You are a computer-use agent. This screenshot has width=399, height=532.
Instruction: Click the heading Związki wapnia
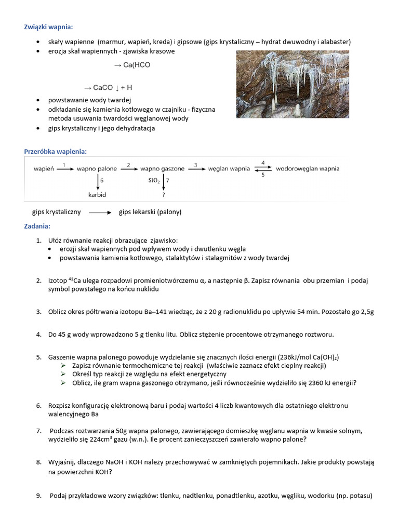49,27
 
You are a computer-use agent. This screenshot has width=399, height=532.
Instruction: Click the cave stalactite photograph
294,85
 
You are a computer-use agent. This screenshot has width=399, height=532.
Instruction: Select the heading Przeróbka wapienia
55,151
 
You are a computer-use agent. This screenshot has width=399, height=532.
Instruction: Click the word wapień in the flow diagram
43,169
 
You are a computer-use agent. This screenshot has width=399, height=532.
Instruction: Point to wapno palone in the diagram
97,169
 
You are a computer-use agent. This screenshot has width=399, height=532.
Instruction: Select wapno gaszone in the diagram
162,169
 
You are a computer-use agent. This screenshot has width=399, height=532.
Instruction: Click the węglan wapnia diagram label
229,169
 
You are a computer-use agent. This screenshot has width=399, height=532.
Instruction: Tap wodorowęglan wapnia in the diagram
308,169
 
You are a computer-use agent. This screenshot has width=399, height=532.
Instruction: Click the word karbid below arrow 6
97,195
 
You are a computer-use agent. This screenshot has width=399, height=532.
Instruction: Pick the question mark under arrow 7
164,195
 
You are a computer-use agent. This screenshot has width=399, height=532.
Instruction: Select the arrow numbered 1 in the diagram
64,169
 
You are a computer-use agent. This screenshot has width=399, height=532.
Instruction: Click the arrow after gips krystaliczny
100,212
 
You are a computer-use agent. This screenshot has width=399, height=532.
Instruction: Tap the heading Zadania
37,226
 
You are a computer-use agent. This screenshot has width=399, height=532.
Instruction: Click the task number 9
39,496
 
